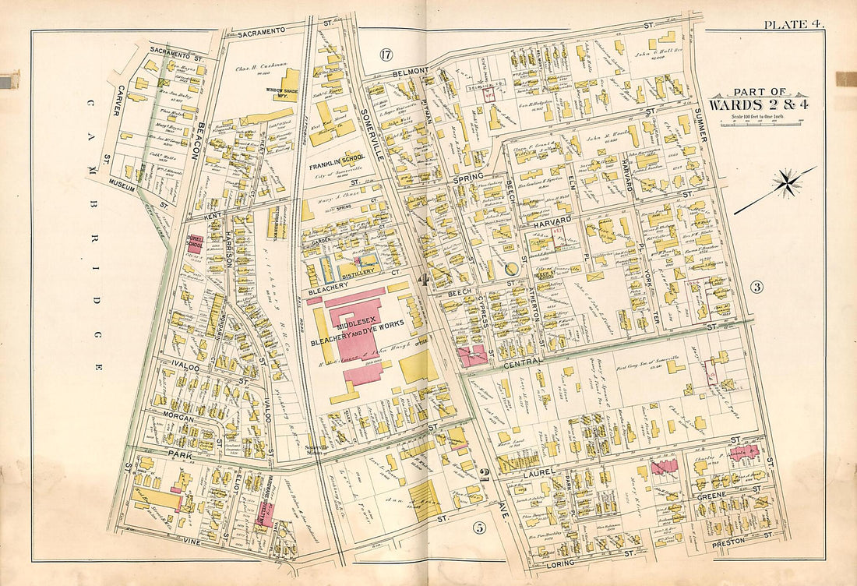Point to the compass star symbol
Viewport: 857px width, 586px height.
(x=788, y=185)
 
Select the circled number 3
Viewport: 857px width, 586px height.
(x=756, y=286)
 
